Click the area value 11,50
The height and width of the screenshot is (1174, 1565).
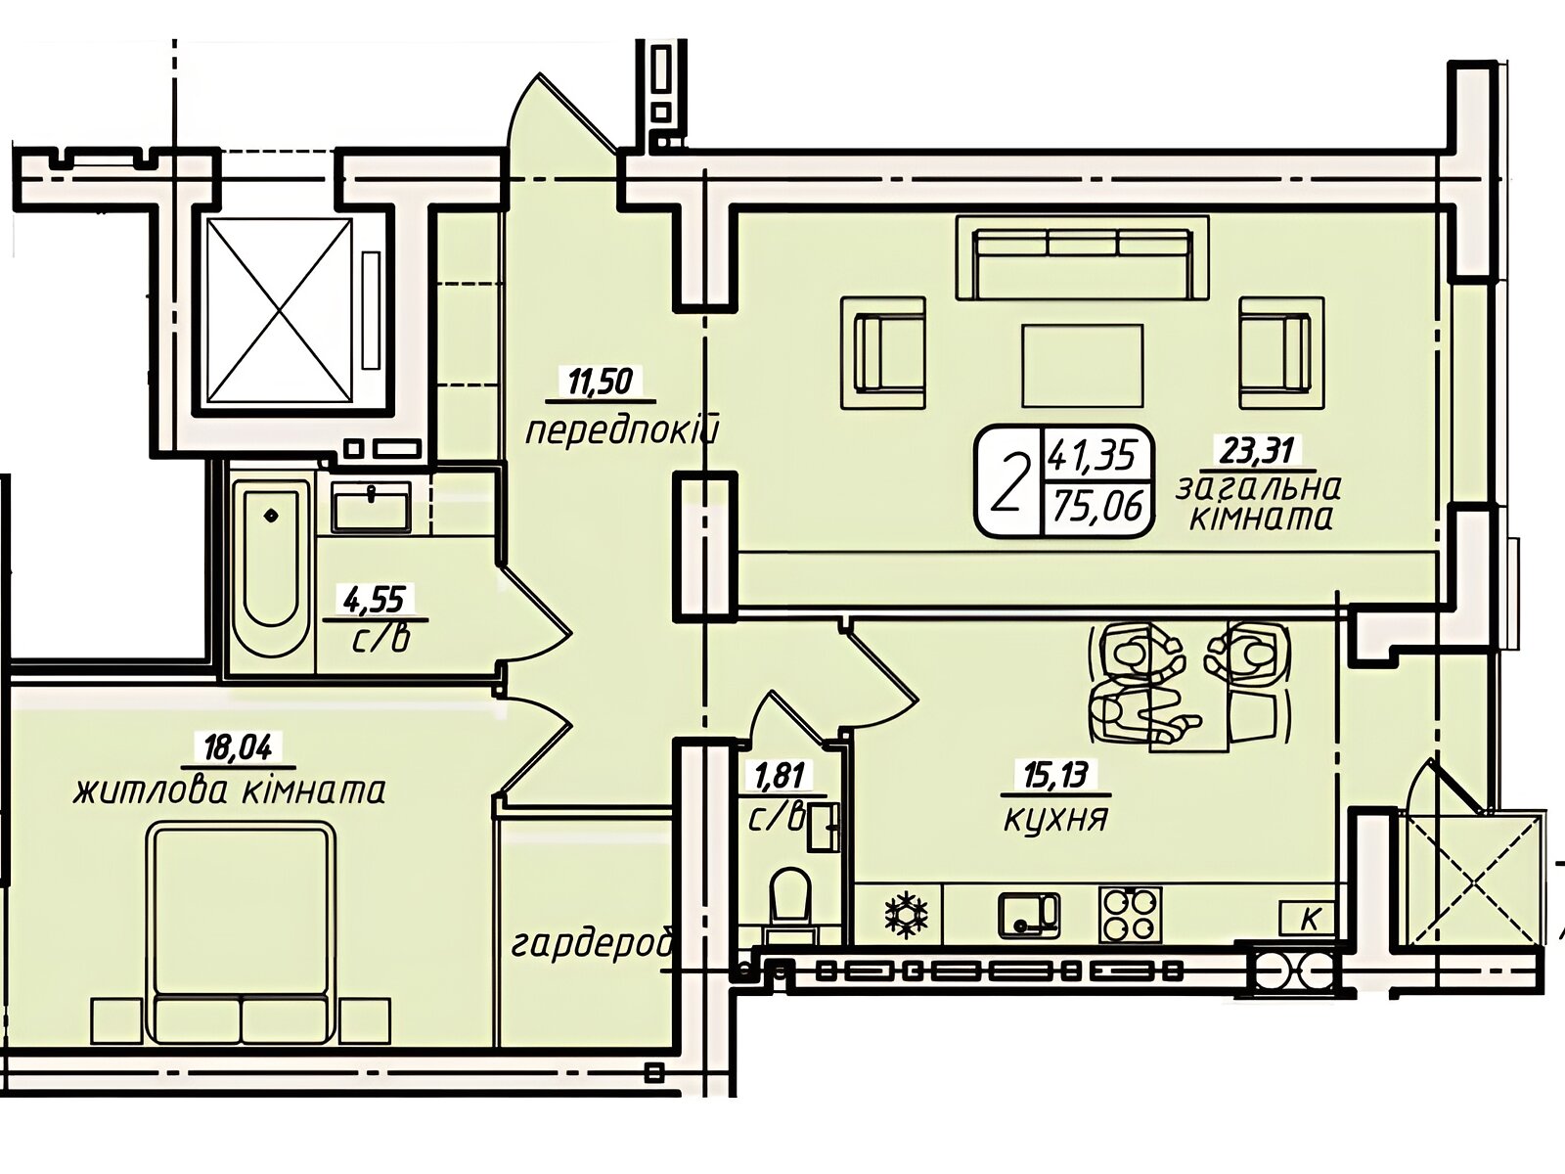point(601,383)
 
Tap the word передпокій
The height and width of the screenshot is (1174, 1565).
point(619,430)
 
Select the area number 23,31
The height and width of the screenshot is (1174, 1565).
point(1258,450)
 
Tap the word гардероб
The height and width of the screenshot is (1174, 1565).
point(593,945)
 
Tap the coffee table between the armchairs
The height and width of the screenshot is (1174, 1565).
point(1083,366)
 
